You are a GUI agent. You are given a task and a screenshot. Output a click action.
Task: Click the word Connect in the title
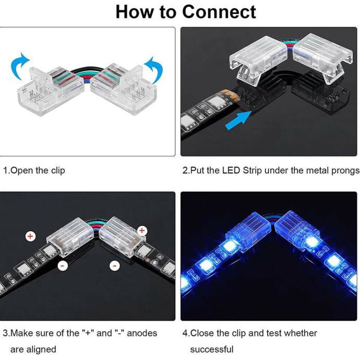219,12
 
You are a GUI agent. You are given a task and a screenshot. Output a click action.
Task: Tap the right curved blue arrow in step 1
154,70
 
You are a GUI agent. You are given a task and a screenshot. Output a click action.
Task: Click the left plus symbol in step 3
30,236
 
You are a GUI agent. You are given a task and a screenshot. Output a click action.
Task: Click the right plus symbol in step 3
142,230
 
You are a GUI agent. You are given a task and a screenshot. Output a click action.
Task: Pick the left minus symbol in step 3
63,266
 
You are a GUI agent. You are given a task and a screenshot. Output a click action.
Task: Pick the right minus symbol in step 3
115,266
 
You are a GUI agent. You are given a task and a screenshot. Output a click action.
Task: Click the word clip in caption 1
58,171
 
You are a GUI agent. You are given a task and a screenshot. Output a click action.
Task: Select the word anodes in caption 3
142,333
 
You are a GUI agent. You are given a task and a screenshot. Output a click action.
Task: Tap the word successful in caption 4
212,349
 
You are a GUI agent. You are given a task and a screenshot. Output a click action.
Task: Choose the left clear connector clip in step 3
70,236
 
